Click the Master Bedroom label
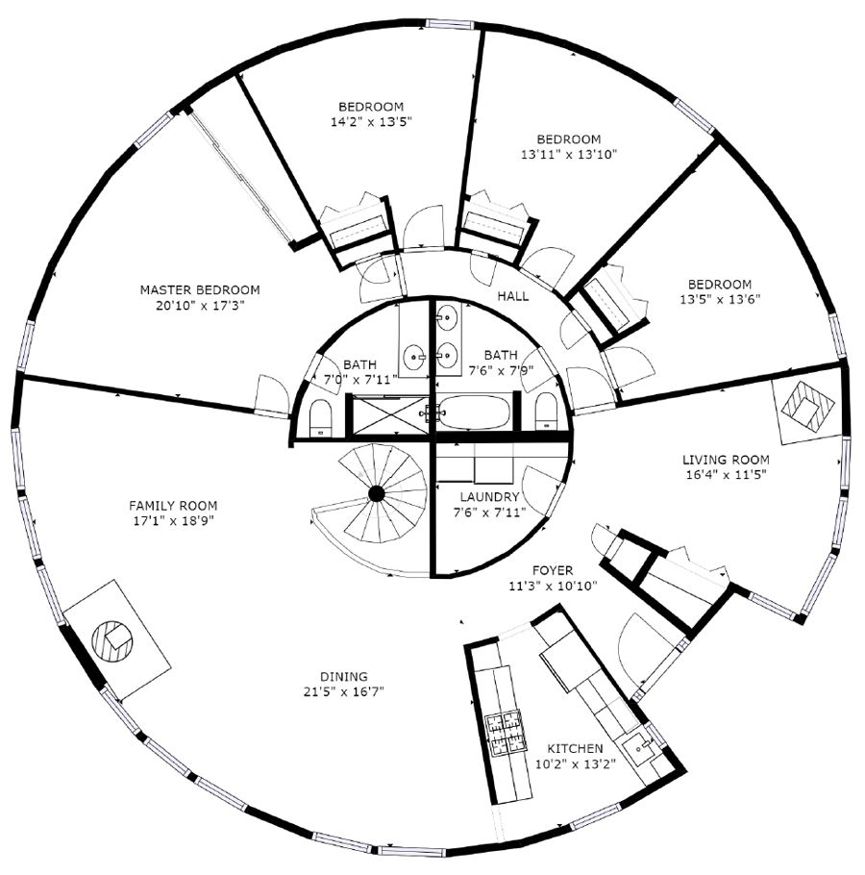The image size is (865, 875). click(x=200, y=290)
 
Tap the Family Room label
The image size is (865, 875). click(x=173, y=506)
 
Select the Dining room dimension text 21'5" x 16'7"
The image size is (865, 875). click(x=343, y=692)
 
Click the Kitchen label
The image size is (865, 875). click(x=575, y=748)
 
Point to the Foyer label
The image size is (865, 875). click(x=553, y=570)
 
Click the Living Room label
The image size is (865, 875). click(x=727, y=460)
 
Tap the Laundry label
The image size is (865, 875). click(x=489, y=497)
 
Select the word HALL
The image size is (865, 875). click(x=513, y=296)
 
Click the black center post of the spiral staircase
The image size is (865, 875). click(x=377, y=494)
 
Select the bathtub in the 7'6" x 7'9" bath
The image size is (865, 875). click(x=474, y=412)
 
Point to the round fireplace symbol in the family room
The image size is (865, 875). click(x=112, y=641)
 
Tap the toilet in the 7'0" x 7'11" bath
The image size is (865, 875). click(x=321, y=417)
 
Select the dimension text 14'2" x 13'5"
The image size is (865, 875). click(x=371, y=122)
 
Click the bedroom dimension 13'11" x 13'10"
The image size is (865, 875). click(x=569, y=155)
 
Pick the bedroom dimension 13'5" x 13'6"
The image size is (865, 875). click(x=720, y=300)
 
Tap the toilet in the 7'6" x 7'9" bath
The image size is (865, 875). click(x=546, y=412)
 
